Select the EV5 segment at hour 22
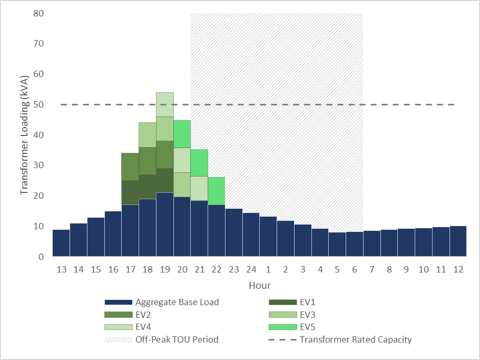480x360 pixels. pos(217,191)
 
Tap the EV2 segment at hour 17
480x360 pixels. pos(130,167)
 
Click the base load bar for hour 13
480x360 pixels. pos(61,243)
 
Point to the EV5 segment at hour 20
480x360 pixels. pos(182,134)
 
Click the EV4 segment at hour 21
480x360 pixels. pos(199,188)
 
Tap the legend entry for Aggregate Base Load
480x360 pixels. pos(177,303)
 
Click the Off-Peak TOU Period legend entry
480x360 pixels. pos(177,339)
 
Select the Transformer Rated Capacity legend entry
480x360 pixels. pos(356,339)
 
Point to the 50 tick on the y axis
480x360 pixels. pos(38,104)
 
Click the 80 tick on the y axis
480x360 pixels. pos(38,13)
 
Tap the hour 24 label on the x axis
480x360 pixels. pos(251,270)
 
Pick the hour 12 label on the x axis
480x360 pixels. pos(458,270)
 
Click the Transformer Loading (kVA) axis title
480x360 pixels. pos(24,135)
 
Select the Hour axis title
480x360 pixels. pos(260,286)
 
